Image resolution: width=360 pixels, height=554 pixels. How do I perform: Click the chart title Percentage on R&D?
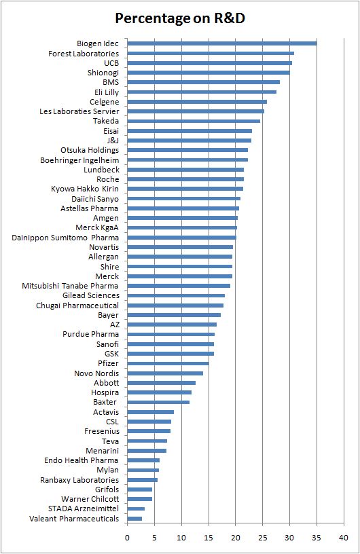pyautogui.click(x=179, y=18)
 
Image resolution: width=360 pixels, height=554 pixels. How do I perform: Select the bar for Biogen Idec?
pyautogui.click(x=221, y=43)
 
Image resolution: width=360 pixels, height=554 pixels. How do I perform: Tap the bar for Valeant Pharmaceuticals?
pyautogui.click(x=134, y=519)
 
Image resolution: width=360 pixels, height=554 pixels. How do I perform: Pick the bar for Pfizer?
pyautogui.click(x=168, y=363)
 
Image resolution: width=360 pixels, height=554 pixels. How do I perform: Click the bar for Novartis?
pyautogui.click(x=180, y=247)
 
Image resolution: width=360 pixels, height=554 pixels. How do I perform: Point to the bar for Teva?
pyautogui.click(x=147, y=441)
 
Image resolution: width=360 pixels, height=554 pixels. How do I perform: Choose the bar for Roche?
pyautogui.click(x=185, y=179)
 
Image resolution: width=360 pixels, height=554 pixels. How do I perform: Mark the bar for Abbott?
pyautogui.click(x=161, y=383)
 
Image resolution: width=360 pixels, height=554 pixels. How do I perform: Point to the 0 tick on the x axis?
pyautogui.click(x=127, y=538)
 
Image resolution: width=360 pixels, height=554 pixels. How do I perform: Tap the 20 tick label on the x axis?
pyautogui.click(x=236, y=538)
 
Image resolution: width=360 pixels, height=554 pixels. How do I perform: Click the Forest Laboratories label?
pyautogui.click(x=84, y=54)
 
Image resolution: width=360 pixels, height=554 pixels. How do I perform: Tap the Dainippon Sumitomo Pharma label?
pyautogui.click(x=65, y=238)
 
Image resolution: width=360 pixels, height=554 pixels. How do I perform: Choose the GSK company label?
pyautogui.click(x=111, y=354)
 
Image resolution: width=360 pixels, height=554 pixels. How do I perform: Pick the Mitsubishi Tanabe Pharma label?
pyautogui.click(x=71, y=286)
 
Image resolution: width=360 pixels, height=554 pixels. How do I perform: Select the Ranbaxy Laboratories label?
pyautogui.click(x=79, y=480)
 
